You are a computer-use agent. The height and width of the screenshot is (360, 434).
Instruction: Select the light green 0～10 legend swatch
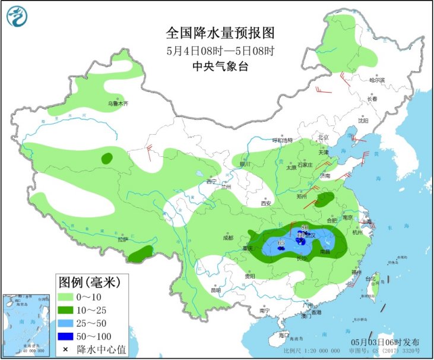click(65, 296)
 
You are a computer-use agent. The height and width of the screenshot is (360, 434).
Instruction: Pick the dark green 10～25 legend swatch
click(65, 310)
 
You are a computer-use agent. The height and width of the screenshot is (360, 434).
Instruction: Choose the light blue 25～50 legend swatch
click(65, 323)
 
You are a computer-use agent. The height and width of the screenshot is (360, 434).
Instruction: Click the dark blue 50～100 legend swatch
click(65, 336)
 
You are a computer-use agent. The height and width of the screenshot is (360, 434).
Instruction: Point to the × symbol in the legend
click(65, 350)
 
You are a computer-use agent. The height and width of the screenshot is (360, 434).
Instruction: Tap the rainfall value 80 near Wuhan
click(305, 228)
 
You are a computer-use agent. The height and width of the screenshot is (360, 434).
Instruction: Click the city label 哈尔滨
click(377, 80)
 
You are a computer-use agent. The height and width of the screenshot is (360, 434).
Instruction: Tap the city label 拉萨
click(123, 239)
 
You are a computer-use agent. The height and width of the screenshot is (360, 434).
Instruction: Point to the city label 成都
click(229, 238)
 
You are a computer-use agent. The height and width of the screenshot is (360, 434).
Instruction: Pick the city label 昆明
click(216, 290)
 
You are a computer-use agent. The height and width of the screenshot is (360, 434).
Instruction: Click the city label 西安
click(265, 204)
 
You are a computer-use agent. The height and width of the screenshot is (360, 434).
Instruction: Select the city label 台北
click(370, 278)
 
